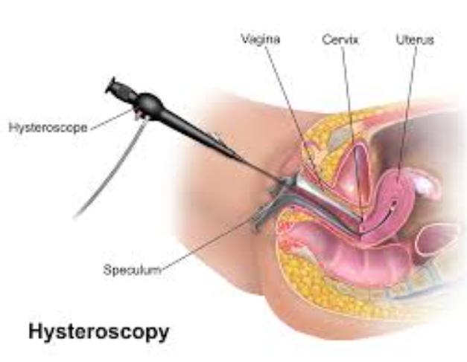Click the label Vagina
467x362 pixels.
point(260,39)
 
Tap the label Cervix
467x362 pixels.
point(340,40)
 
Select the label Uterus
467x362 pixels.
point(415,40)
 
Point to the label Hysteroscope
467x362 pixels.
point(48,128)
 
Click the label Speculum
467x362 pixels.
point(133,270)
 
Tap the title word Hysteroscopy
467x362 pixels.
point(99,332)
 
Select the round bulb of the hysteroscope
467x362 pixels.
point(150,103)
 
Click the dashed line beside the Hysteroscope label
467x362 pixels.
point(111,120)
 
